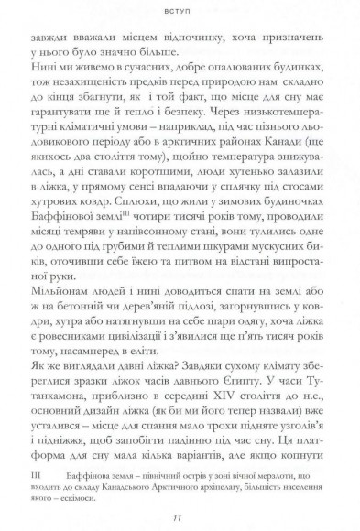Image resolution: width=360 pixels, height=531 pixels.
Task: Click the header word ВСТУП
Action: [x=180, y=15]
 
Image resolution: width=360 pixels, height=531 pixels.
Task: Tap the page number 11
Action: [x=180, y=515]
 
